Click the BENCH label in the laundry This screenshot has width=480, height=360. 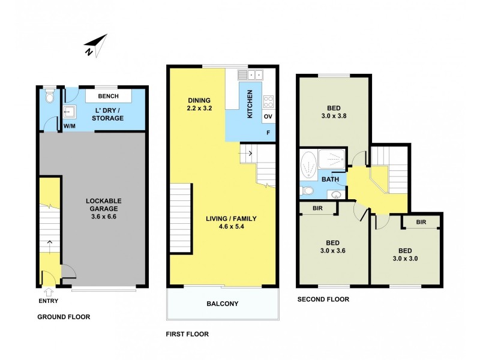pyautogui.click(x=108, y=97)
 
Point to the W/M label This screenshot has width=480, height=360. pyautogui.click(x=70, y=127)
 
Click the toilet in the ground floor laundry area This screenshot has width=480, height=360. pyautogui.click(x=50, y=96)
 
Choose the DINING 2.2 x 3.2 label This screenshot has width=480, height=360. pyautogui.click(x=199, y=105)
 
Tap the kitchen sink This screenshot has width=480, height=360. pyautogui.click(x=251, y=75)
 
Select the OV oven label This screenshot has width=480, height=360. pyautogui.click(x=268, y=116)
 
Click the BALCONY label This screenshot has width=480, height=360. pyautogui.click(x=223, y=304)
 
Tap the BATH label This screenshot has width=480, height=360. pyautogui.click(x=330, y=179)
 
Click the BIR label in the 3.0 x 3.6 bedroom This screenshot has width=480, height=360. pyautogui.click(x=318, y=208)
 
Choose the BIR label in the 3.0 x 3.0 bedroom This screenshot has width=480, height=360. pyautogui.click(x=421, y=222)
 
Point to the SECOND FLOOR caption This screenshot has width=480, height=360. pyautogui.click(x=323, y=299)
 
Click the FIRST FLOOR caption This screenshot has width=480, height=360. pyautogui.click(x=187, y=334)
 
